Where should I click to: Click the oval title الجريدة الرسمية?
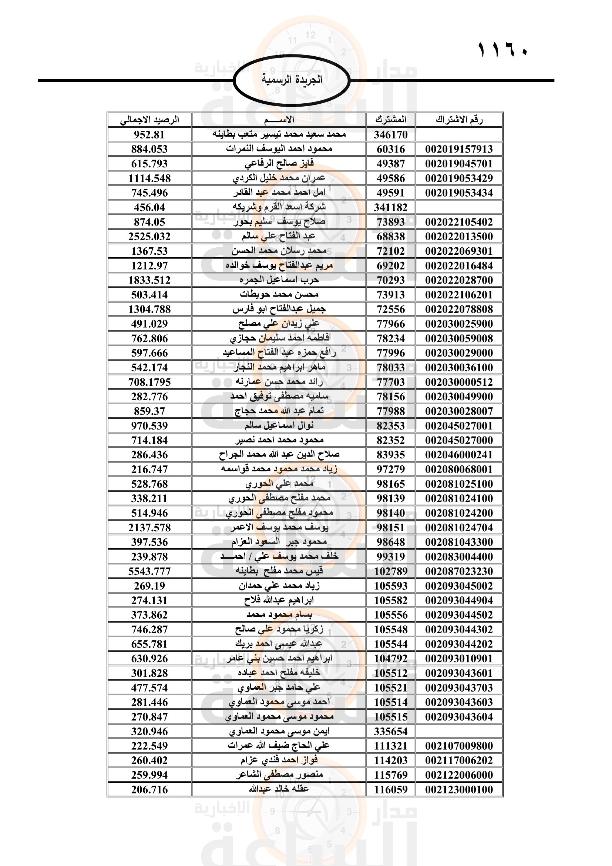coord(292,80)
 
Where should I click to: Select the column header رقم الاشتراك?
coord(459,120)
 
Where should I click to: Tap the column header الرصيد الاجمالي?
coord(149,120)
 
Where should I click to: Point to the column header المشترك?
coord(391,120)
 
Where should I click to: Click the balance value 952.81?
coord(149,135)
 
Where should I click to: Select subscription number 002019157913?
coord(459,149)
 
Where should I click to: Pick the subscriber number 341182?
coord(391,207)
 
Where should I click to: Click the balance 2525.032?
coord(149,237)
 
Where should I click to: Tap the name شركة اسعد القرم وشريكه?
coord(279,207)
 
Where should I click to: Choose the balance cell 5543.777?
coord(149,571)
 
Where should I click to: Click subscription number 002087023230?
coord(459,571)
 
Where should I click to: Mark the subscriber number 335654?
coord(391,732)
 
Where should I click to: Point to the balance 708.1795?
coord(149,382)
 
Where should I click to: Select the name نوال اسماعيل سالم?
coord(279,426)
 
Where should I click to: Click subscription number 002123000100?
coord(459,790)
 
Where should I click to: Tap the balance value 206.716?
coord(149,790)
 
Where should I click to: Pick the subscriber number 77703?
coord(391,382)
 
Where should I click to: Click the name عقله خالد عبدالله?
coord(279,789)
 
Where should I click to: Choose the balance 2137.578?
coord(149,528)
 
